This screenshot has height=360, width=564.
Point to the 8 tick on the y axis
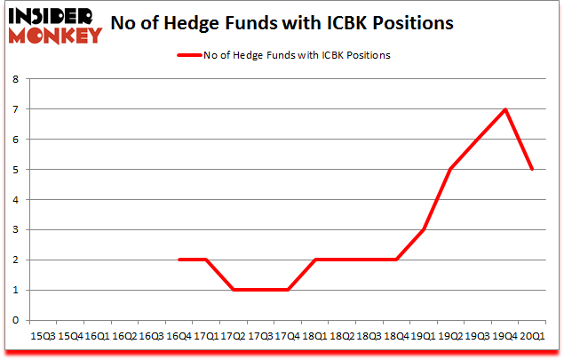[17, 79]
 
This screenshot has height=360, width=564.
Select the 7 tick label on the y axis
[17, 109]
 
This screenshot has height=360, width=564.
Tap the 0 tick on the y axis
[17, 320]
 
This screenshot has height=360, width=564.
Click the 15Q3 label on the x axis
[43, 337]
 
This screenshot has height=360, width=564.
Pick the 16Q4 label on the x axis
[179, 337]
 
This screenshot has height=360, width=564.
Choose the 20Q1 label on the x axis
[532, 337]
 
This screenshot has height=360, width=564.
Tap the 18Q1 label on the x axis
[314, 337]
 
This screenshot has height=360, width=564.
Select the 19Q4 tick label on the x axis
[505, 337]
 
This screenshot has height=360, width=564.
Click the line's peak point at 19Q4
[505, 109]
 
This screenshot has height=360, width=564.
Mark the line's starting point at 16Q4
[179, 260]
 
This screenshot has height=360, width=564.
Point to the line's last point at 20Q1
[532, 169]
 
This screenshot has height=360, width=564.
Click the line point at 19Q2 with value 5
[450, 169]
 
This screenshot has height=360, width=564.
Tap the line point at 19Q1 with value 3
[424, 229]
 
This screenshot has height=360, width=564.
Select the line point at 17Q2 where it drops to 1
[233, 290]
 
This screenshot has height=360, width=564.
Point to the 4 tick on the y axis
[17, 199]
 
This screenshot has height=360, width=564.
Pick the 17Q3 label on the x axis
[260, 337]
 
